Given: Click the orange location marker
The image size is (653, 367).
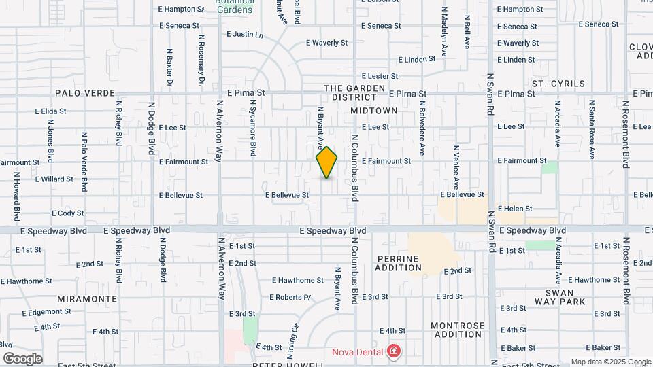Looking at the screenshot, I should click(327, 162).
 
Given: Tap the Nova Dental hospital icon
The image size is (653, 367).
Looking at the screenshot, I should click(392, 351).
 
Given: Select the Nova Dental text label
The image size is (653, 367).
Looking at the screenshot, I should click(357, 351).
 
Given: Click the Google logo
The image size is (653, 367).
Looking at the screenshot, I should click(22, 358).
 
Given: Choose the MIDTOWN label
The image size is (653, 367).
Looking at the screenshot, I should click(373, 110).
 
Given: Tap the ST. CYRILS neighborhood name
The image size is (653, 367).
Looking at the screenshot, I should click(558, 84).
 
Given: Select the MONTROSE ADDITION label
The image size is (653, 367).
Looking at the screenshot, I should click(458, 330).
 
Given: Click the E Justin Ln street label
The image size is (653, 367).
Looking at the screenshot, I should click(245, 34).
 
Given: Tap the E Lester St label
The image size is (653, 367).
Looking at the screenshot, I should click(380, 77).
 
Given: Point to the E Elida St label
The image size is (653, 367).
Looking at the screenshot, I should click(50, 111).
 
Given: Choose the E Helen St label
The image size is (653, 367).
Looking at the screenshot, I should click(514, 209).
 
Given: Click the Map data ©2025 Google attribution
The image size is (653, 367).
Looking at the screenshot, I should click(609, 362).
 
